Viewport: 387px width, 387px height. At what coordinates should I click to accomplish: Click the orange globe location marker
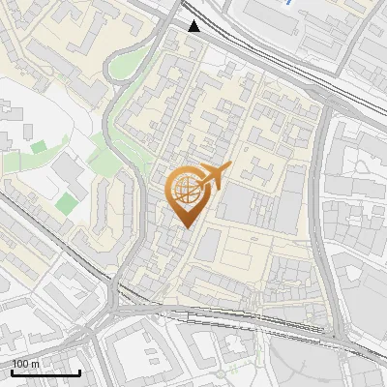click(186, 191)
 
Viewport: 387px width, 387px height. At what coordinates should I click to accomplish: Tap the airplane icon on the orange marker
click(214, 175)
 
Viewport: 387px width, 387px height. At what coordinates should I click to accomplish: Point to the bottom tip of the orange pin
click(186, 227)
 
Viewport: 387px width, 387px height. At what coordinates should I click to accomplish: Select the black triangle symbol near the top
click(194, 26)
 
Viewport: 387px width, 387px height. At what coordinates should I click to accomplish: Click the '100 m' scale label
click(26, 364)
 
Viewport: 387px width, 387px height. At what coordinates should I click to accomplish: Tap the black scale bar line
click(45, 372)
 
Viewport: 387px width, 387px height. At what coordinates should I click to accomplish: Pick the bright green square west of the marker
click(66, 203)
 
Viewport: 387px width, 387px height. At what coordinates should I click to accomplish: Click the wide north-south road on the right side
click(324, 193)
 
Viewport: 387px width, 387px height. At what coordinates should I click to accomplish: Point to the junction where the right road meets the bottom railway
click(334, 334)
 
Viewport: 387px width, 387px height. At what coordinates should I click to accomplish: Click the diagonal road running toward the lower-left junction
click(48, 242)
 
